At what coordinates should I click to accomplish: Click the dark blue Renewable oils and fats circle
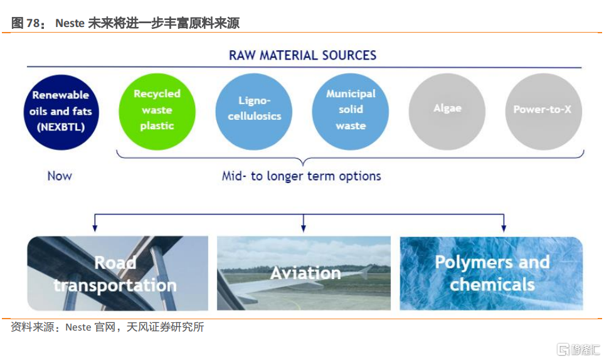coord(61,112)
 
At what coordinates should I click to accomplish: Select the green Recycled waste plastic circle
coord(157,112)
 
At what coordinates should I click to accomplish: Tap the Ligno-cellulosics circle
coord(254,112)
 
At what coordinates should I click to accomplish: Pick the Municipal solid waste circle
coord(351,112)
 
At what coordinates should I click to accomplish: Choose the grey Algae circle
coord(447,112)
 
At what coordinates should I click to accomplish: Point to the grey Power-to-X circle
coord(544,112)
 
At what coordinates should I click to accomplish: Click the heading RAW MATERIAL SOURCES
coord(303,55)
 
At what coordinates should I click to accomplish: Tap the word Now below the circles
coord(60,176)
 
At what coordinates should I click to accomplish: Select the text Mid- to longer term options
coord(301,176)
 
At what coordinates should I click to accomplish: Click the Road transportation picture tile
coord(117,273)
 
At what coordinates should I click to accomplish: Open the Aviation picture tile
coord(304,273)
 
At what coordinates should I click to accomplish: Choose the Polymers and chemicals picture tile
coord(491,273)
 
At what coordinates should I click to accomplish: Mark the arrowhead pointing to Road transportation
coord(95,228)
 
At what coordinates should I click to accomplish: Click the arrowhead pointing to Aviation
coord(304,228)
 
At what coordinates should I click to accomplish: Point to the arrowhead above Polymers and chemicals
coord(504,228)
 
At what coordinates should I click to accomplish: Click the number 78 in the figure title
coord(33,23)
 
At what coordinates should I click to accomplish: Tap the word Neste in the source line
coord(78,327)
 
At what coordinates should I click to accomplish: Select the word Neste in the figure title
coord(70,23)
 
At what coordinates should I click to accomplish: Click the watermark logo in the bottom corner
coord(578,349)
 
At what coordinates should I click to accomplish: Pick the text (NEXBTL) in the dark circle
coord(61,127)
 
